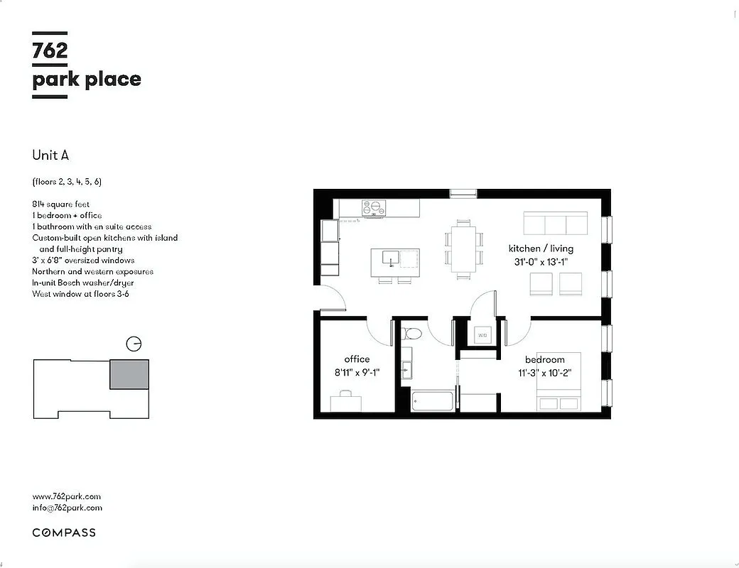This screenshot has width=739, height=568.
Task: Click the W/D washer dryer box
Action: pyautogui.click(x=482, y=335)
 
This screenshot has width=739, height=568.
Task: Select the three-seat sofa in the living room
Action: pyautogui.click(x=556, y=223)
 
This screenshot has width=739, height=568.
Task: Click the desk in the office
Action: pyautogui.click(x=346, y=403)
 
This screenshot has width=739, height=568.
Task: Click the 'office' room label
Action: pyautogui.click(x=357, y=359)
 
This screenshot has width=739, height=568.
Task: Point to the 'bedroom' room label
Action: pyautogui.click(x=544, y=360)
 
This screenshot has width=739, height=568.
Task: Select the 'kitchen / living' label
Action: pyautogui.click(x=541, y=248)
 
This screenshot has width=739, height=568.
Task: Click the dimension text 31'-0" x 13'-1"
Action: pyautogui.click(x=541, y=261)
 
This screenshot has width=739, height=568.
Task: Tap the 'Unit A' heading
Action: pyautogui.click(x=50, y=155)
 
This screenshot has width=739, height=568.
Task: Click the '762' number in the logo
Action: pyautogui.click(x=50, y=51)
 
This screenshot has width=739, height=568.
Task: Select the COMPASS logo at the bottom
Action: pyautogui.click(x=64, y=532)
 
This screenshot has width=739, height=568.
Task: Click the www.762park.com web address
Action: pyautogui.click(x=67, y=496)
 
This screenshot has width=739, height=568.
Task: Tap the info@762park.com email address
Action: pyautogui.click(x=67, y=508)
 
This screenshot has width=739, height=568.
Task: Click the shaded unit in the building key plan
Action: pyautogui.click(x=129, y=374)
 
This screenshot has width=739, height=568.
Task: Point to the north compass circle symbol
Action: pyautogui.click(x=133, y=344)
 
